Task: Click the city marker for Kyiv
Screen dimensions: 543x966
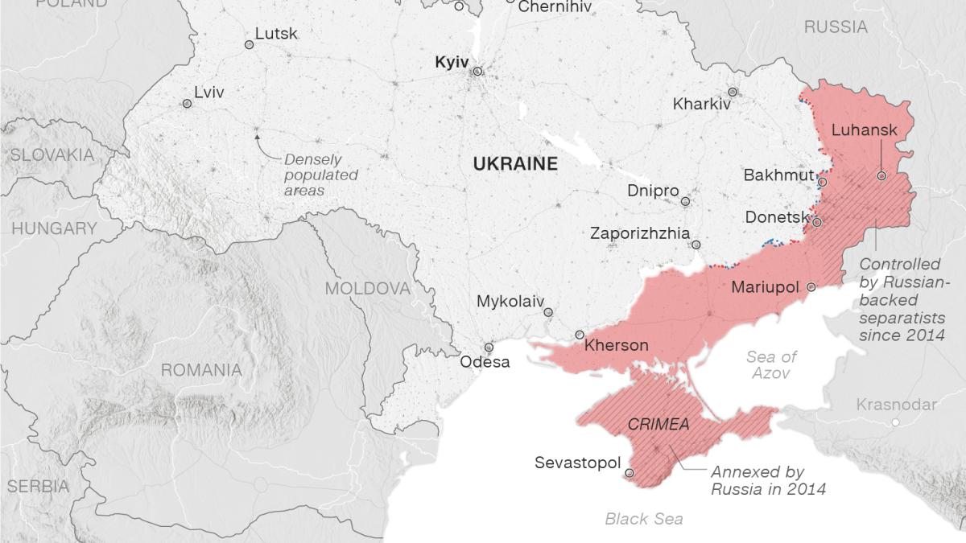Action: [477, 72]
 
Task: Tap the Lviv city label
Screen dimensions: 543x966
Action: [209, 93]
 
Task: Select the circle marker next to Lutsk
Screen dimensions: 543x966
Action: [249, 46]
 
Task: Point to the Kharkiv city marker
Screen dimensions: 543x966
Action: [733, 92]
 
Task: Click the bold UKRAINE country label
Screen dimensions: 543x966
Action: [515, 164]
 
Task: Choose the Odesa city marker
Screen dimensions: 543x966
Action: [489, 348]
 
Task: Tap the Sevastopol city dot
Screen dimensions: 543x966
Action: [630, 474]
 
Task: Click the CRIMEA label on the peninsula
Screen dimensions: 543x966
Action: [658, 424]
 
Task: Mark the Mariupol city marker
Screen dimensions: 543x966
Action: [811, 286]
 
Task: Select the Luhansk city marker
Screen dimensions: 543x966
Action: [881, 175]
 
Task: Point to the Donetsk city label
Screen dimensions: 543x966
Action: [777, 217]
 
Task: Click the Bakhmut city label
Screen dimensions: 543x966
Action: [778, 175]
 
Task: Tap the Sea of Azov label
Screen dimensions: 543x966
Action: [771, 365]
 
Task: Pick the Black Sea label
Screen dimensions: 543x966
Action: [644, 519]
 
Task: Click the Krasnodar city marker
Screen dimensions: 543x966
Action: [895, 422]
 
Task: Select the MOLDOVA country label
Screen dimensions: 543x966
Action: [367, 289]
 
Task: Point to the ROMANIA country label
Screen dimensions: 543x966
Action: [201, 370]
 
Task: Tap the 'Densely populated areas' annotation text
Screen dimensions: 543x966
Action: [321, 175]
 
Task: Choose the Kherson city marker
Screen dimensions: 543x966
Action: [580, 335]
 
